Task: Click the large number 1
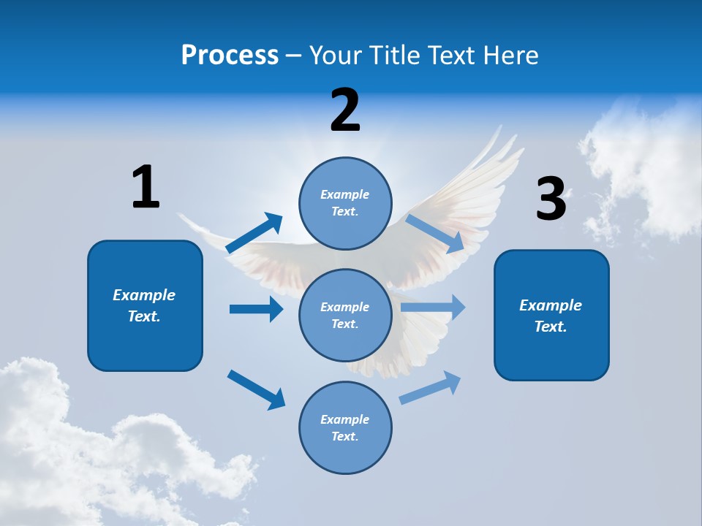tap(146, 187)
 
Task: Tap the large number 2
tap(345, 110)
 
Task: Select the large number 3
tap(551, 199)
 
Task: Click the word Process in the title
tap(230, 55)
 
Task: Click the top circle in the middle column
tap(345, 203)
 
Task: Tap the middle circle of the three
tap(345, 315)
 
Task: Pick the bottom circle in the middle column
tap(345, 427)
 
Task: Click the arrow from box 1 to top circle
tap(254, 233)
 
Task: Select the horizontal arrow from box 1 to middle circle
tap(256, 309)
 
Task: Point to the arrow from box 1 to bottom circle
tap(256, 389)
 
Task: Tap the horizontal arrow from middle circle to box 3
tap(433, 308)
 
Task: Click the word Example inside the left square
tap(144, 295)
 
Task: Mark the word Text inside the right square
tap(551, 327)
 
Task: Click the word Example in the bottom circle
tap(345, 419)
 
